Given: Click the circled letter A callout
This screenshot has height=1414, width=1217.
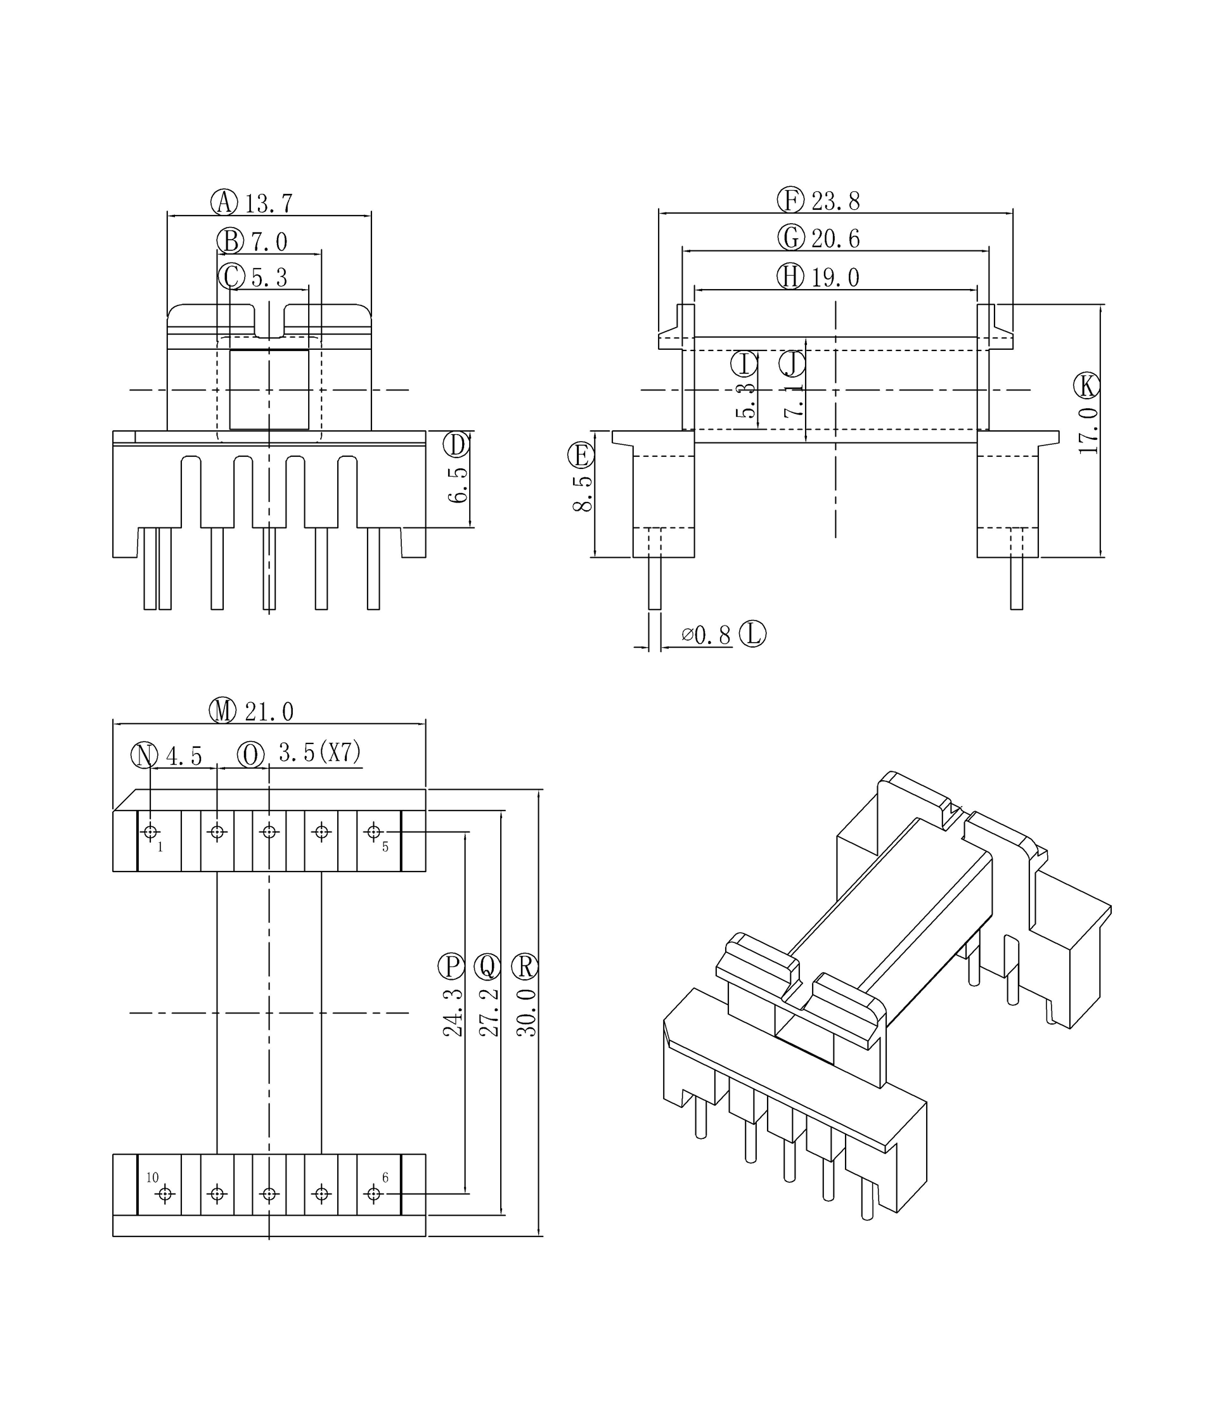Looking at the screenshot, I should [223, 203].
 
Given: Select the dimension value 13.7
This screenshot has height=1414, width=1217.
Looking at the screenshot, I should [269, 203].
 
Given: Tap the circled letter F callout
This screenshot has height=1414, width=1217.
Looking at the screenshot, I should [790, 200].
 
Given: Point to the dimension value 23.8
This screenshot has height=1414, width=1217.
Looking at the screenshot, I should [836, 202].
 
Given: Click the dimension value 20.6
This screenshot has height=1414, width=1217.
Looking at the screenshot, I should [836, 238].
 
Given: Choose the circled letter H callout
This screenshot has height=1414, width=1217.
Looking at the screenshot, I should [790, 276].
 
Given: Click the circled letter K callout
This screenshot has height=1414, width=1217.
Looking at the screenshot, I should [1086, 386].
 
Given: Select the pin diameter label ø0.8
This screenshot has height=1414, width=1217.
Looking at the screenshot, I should [705, 635].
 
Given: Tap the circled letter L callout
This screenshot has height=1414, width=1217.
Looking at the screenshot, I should [752, 634].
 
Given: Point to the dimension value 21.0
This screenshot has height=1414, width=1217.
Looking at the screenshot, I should [269, 712].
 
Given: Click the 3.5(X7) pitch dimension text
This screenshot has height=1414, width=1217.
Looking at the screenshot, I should [319, 753].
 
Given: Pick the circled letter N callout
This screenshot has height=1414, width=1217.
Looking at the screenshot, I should [144, 755].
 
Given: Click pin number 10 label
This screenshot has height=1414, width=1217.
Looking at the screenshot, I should [152, 1177].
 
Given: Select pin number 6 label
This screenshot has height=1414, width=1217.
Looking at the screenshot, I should [385, 1177].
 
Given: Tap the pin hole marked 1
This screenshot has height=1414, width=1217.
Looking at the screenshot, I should [151, 832].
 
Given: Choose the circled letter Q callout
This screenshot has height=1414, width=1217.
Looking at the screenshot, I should [487, 967].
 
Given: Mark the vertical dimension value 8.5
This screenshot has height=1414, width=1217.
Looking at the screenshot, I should [583, 494].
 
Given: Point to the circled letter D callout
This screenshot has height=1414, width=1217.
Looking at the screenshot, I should [456, 445].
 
